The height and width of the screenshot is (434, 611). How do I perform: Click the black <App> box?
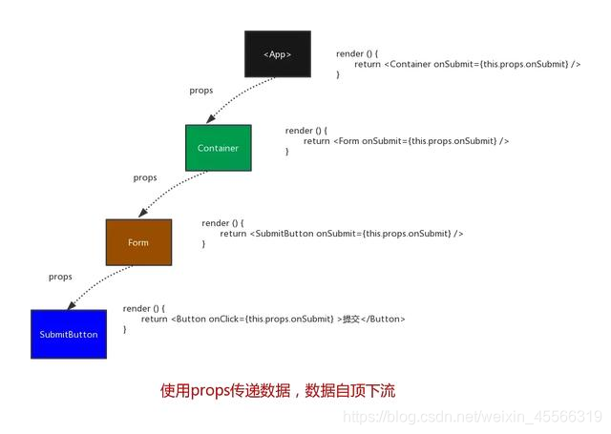click(278, 54)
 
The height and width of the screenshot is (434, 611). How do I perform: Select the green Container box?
click(218, 148)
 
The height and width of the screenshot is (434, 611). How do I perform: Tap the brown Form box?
click(138, 242)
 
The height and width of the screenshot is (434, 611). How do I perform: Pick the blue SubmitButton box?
click(69, 335)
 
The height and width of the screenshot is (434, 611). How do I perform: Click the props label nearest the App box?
click(201, 91)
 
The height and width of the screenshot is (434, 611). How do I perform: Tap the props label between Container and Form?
click(145, 177)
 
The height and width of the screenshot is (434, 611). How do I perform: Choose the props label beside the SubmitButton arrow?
click(60, 277)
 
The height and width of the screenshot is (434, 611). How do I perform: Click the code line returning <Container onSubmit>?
click(467, 64)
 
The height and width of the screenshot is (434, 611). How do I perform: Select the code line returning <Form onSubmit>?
click(406, 141)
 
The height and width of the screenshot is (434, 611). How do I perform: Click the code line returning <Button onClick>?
click(273, 319)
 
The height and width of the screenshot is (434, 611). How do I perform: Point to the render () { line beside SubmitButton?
click(144, 308)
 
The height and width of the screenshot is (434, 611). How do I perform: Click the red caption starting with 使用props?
click(278, 390)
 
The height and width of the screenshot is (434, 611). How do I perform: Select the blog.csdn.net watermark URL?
click(472, 418)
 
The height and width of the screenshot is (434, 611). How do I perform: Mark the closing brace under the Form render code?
click(203, 244)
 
